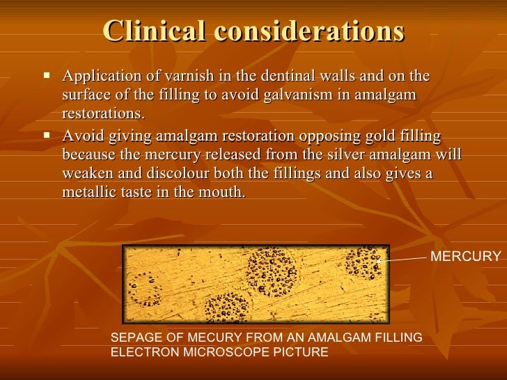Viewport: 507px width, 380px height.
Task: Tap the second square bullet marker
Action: (x=47, y=134)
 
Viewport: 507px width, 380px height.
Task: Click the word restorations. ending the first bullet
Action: (x=104, y=113)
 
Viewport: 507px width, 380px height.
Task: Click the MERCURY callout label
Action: (x=465, y=257)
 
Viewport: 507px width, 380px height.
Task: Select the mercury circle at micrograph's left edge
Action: (x=146, y=287)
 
